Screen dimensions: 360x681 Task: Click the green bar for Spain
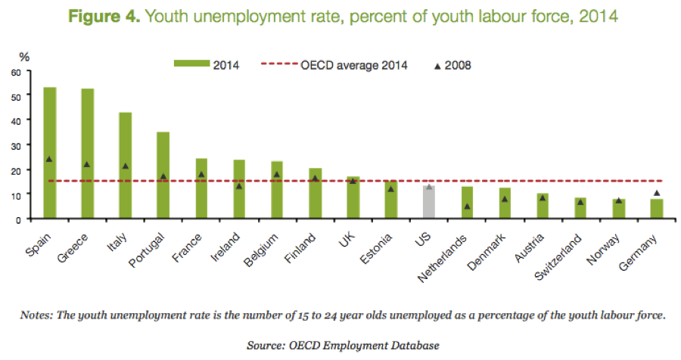coord(50,151)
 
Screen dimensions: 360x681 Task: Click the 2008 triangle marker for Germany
coord(657,193)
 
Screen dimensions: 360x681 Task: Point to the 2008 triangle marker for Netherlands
coord(468,206)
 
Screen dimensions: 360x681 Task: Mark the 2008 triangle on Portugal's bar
coord(163,177)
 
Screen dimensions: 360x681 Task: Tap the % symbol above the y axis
coord(23,56)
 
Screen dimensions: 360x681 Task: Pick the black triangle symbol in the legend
coord(437,66)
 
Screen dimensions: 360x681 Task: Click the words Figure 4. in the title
coord(107,16)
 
